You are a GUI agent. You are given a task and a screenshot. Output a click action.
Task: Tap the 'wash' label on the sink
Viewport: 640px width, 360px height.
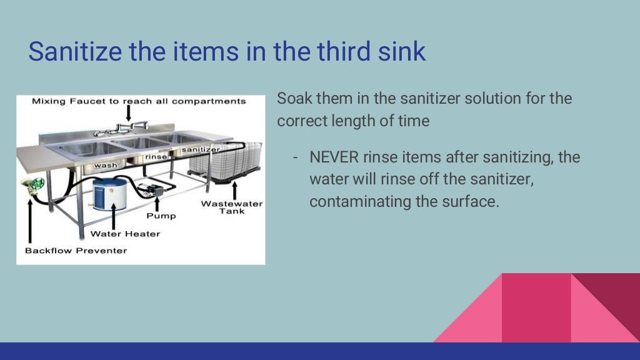pos(105,166)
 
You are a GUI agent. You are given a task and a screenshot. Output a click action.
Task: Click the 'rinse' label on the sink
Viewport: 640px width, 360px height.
pos(156,157)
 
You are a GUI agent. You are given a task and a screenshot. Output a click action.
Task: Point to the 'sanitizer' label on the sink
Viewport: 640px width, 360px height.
pos(200,150)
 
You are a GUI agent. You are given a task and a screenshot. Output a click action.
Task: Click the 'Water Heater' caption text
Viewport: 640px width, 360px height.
pos(125,234)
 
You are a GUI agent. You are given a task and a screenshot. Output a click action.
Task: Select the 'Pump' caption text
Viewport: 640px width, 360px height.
pos(161,216)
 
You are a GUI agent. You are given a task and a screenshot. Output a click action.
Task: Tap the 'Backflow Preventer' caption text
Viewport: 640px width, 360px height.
pos(76,251)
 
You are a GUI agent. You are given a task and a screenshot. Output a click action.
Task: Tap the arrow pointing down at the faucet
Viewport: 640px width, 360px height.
pos(127,112)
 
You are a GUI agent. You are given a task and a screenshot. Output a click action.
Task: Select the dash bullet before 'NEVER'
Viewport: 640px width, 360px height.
pos(295,157)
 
